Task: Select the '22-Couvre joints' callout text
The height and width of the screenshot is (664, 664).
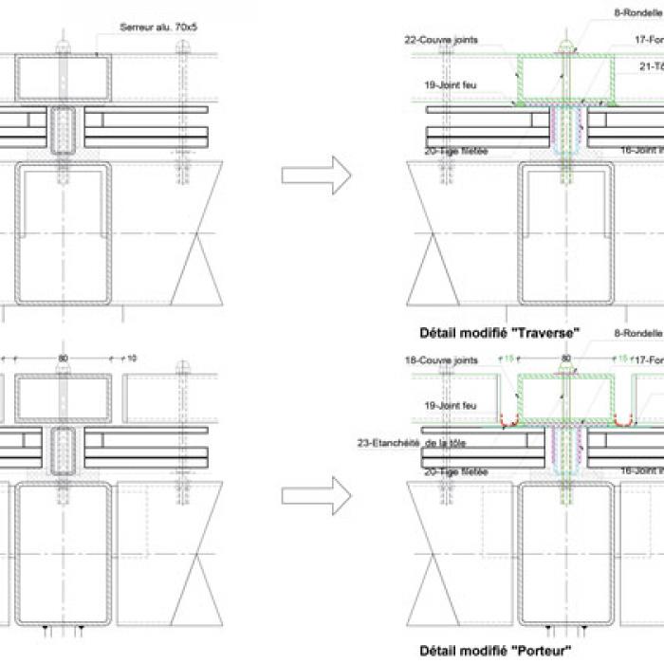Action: (440, 40)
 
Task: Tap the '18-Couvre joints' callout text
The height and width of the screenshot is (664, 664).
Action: (440, 360)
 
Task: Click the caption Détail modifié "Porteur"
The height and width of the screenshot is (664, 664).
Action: (495, 652)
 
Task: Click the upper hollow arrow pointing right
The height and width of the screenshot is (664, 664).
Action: (317, 175)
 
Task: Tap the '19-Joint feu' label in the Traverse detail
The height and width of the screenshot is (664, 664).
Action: (450, 84)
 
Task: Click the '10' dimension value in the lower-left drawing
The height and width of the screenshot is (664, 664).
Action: (131, 358)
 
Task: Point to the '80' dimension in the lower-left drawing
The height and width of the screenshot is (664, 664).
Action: (63, 358)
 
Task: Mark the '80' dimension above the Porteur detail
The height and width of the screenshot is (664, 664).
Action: (566, 359)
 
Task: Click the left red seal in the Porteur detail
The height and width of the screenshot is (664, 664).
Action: (510, 419)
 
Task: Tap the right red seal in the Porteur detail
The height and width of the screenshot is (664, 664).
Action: (624, 419)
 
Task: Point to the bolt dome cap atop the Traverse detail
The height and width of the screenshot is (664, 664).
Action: (566, 46)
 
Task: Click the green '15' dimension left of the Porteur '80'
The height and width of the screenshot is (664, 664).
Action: (508, 359)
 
